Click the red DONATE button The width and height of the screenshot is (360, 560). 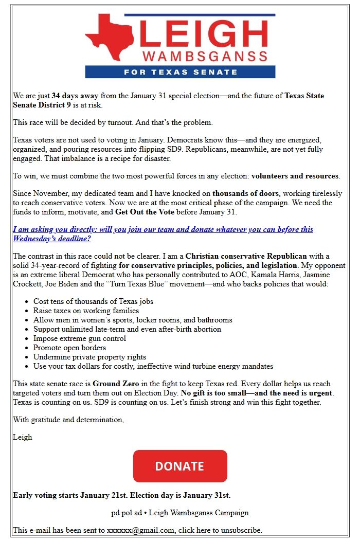pyautogui.click(x=180, y=466)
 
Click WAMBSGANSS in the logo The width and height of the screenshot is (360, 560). pyautogui.click(x=205, y=57)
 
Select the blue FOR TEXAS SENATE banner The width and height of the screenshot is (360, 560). pyautogui.click(x=180, y=72)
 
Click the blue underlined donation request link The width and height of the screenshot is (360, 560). pyautogui.click(x=163, y=234)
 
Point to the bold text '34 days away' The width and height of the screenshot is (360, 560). pyautogui.click(x=75, y=96)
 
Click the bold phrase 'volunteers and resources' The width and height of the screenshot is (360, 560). pyautogui.click(x=295, y=176)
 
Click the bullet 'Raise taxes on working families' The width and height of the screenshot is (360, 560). pyautogui.click(x=86, y=311)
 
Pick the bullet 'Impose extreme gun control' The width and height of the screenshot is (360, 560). pyautogui.click(x=79, y=338)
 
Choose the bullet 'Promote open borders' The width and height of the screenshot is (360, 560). pyautogui.click(x=69, y=348)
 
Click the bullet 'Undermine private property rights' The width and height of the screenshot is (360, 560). pyautogui.click(x=89, y=357)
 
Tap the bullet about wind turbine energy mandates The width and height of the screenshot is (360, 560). pyautogui.click(x=153, y=366)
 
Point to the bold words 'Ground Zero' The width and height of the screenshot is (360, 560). pyautogui.click(x=113, y=384)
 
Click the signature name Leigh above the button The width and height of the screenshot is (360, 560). pyautogui.click(x=23, y=437)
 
